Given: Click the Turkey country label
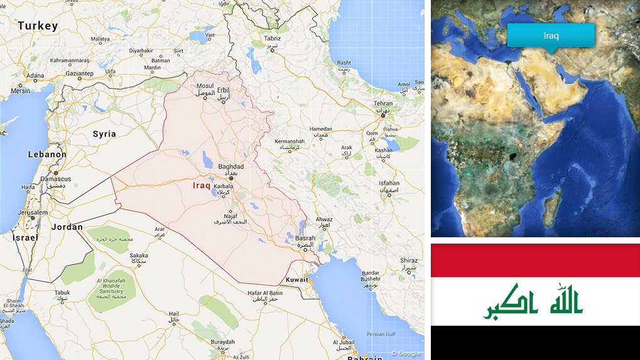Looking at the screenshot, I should coord(38,26).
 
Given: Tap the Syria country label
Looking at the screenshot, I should coord(104,134).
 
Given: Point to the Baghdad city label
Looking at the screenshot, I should coord(230,167).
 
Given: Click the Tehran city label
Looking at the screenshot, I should coord(383,104).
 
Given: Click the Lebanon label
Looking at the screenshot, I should coord(47,154).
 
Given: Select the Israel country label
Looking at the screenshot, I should coord(25,238).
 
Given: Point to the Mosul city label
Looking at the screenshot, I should coord(205,86).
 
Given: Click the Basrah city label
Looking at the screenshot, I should coord(305,239).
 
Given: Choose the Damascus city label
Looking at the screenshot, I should coord(56,179).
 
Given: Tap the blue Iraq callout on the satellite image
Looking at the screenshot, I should coord(550,36).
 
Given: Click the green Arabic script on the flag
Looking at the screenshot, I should coord(533,302).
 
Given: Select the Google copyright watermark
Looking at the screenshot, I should coord(405,353).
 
